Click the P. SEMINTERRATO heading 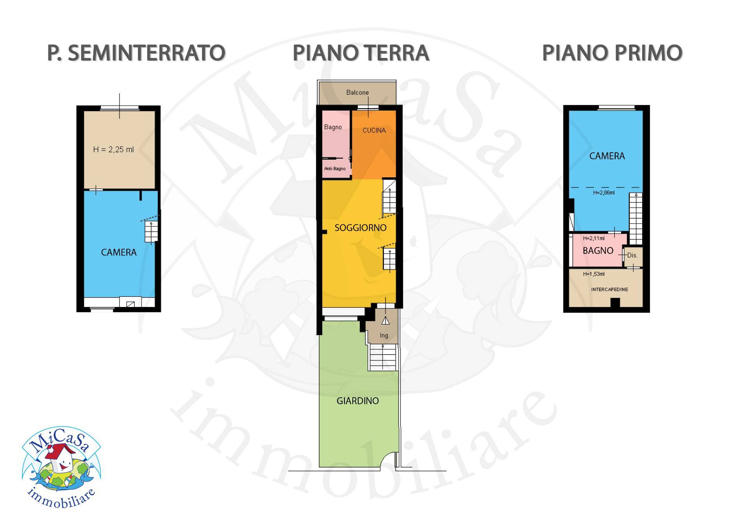(x=136, y=53)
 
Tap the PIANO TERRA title (x=361, y=53)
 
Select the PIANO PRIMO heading (x=612, y=53)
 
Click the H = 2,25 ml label (x=113, y=150)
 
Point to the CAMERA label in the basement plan (x=119, y=252)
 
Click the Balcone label (x=357, y=93)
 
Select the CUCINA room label (x=374, y=130)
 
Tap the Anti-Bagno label (x=335, y=169)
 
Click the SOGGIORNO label (x=360, y=228)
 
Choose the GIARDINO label (x=357, y=401)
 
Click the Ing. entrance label (x=384, y=335)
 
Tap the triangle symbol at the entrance (x=386, y=321)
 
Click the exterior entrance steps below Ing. (x=384, y=357)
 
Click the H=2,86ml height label (x=604, y=193)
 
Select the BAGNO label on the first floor (x=598, y=251)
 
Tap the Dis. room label (x=632, y=255)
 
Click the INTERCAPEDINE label (x=609, y=289)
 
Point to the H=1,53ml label (x=594, y=274)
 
